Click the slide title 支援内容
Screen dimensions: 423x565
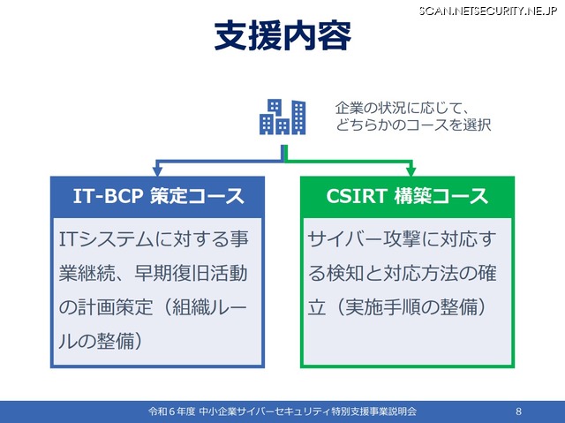click(x=282, y=37)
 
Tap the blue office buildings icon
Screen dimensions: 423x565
click(x=282, y=117)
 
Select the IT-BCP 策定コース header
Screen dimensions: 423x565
click(x=157, y=196)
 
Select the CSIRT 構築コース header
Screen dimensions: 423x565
click(x=408, y=196)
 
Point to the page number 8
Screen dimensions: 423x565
click(x=518, y=412)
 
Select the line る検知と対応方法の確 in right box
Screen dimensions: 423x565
click(x=402, y=274)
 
